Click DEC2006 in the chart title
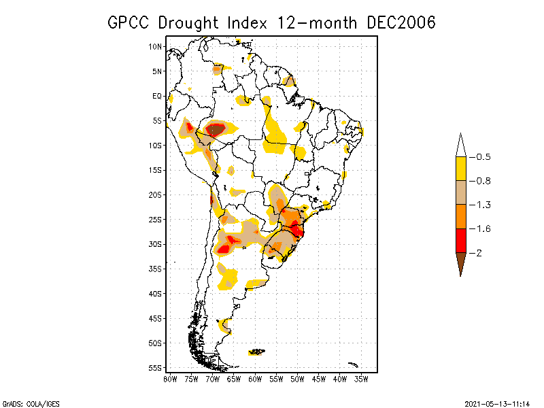point(401,22)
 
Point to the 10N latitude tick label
point(156,46)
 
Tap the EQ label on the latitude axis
point(157,96)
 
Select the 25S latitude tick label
point(156,220)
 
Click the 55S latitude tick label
point(156,368)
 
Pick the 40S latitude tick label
point(156,294)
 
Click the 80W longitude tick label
point(170,378)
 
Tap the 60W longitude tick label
point(255,378)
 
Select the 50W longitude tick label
point(297,378)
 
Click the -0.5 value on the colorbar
point(483,157)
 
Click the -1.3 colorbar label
point(483,205)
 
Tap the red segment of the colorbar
point(460,241)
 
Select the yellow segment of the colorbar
point(460,169)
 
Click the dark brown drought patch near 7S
point(216,129)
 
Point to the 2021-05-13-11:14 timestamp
point(496,403)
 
